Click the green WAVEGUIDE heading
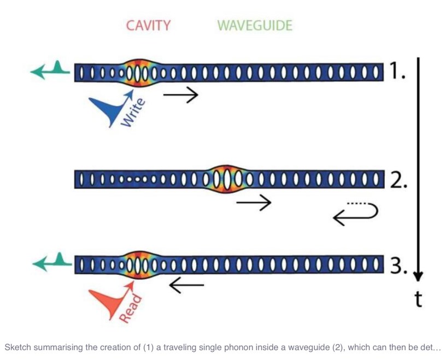click(255, 26)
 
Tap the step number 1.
click(397, 70)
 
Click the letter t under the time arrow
click(418, 299)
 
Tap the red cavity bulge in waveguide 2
click(228, 179)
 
